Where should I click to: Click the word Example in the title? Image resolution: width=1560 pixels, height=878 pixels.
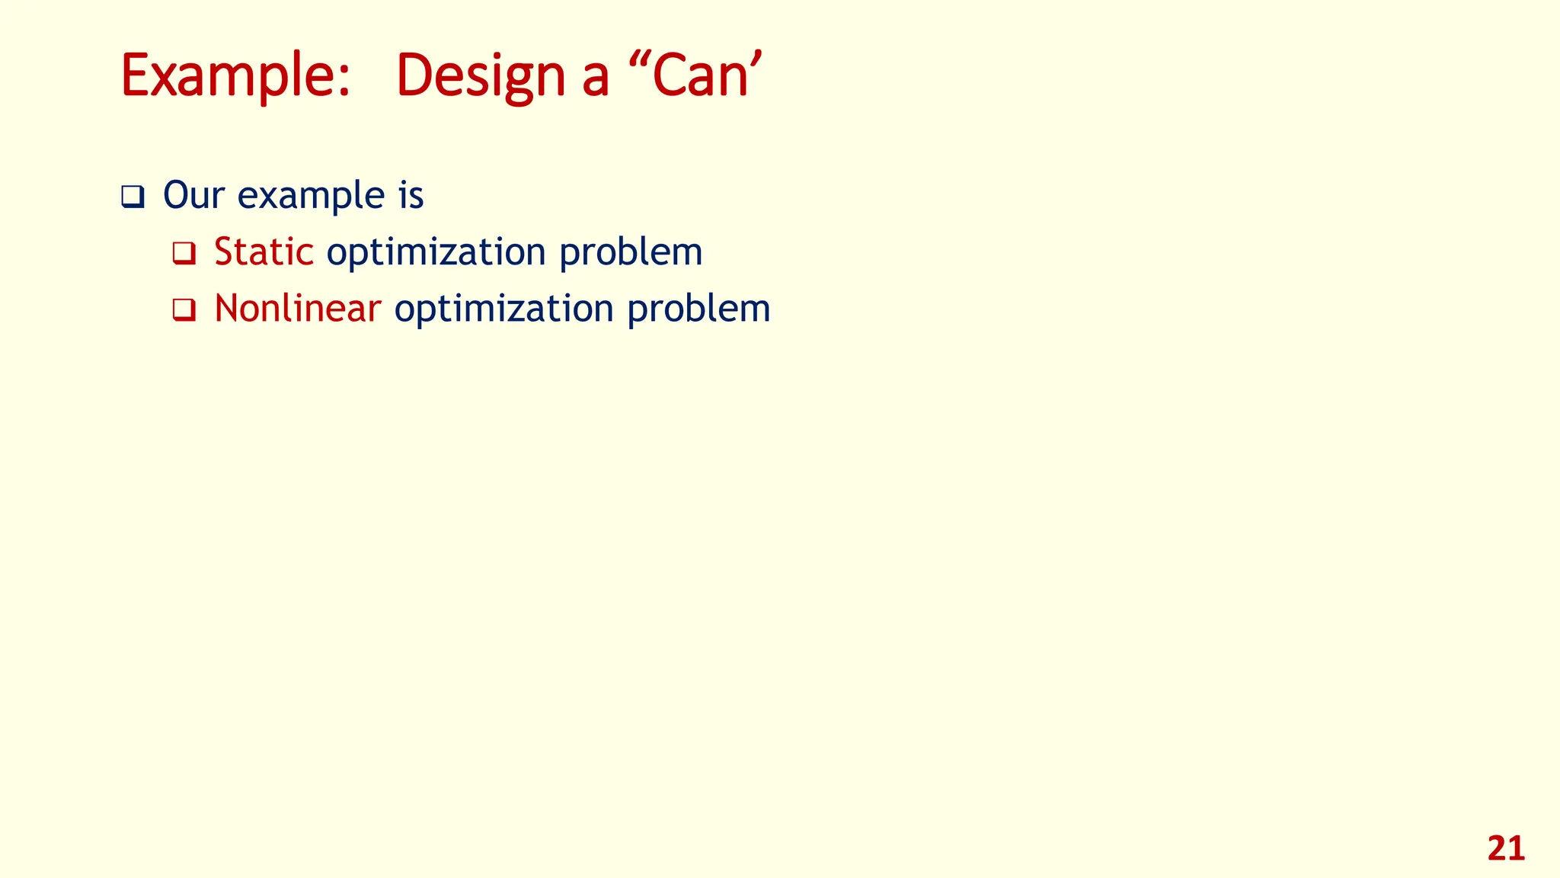[x=227, y=76]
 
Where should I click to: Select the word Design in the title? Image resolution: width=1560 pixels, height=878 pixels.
[x=480, y=76]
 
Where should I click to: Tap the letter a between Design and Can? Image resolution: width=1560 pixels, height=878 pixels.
[x=596, y=81]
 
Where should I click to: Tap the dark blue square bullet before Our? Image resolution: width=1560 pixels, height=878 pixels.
[x=133, y=197]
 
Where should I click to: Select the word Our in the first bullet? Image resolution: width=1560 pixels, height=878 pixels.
[x=193, y=195]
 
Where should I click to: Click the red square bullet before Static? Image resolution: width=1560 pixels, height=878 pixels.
[x=184, y=253]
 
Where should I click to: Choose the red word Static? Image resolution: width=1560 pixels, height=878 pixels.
[x=264, y=252]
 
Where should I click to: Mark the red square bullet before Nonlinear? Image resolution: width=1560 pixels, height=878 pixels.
[x=184, y=310]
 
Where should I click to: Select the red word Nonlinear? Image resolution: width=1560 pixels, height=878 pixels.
[x=297, y=309]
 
